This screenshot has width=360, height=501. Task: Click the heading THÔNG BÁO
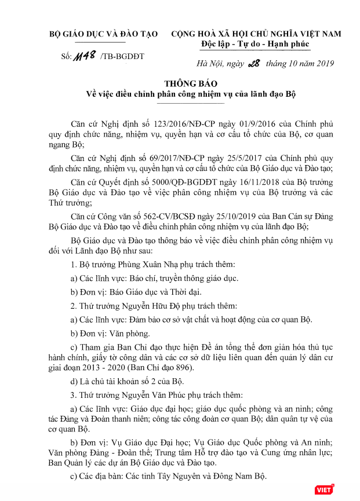coord(180,83)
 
